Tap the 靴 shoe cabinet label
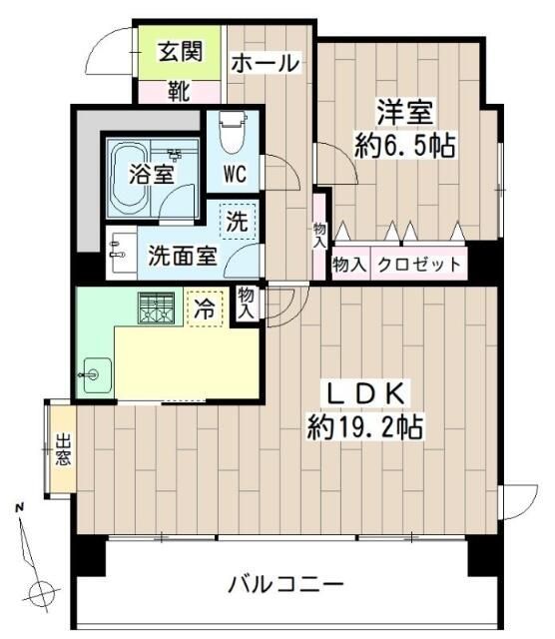(179, 93)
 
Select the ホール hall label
(265, 63)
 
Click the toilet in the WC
(232, 130)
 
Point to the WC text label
(235, 174)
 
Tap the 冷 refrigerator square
(203, 309)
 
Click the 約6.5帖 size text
(405, 147)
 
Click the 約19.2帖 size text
(365, 428)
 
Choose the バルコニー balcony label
(285, 584)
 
